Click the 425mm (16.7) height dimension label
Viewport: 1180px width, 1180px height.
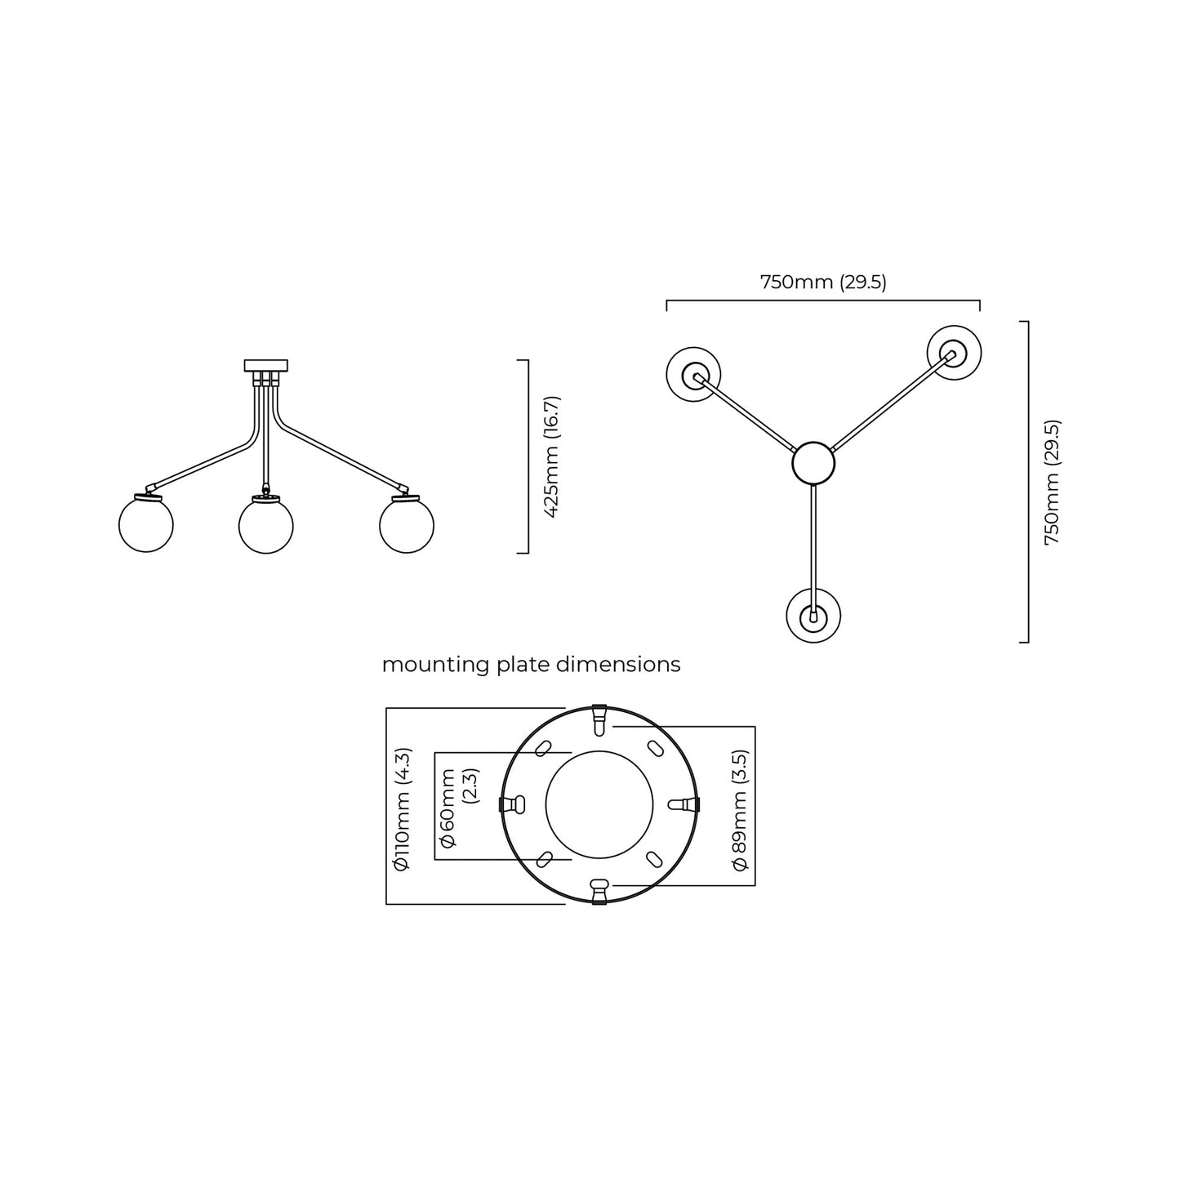point(552,456)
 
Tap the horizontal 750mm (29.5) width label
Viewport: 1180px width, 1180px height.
point(823,283)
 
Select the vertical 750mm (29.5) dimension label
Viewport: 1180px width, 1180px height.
point(1053,482)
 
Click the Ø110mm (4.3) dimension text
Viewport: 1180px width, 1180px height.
point(403,809)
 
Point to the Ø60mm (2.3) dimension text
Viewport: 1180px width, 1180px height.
point(459,808)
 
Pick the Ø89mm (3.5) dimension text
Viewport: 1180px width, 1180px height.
point(741,810)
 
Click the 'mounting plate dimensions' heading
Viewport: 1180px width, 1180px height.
point(531,665)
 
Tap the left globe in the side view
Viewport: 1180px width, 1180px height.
point(146,525)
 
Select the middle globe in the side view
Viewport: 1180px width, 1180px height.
point(266,526)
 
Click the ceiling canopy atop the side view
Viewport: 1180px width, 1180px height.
point(266,366)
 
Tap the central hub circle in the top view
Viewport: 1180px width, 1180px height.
point(813,463)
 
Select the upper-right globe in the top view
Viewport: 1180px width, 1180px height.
point(954,353)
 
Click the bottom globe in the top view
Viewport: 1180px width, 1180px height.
point(813,615)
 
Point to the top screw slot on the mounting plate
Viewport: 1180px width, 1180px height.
point(599,721)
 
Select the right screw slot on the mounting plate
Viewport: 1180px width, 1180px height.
point(684,804)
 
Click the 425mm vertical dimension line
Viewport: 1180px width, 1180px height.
point(528,456)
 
